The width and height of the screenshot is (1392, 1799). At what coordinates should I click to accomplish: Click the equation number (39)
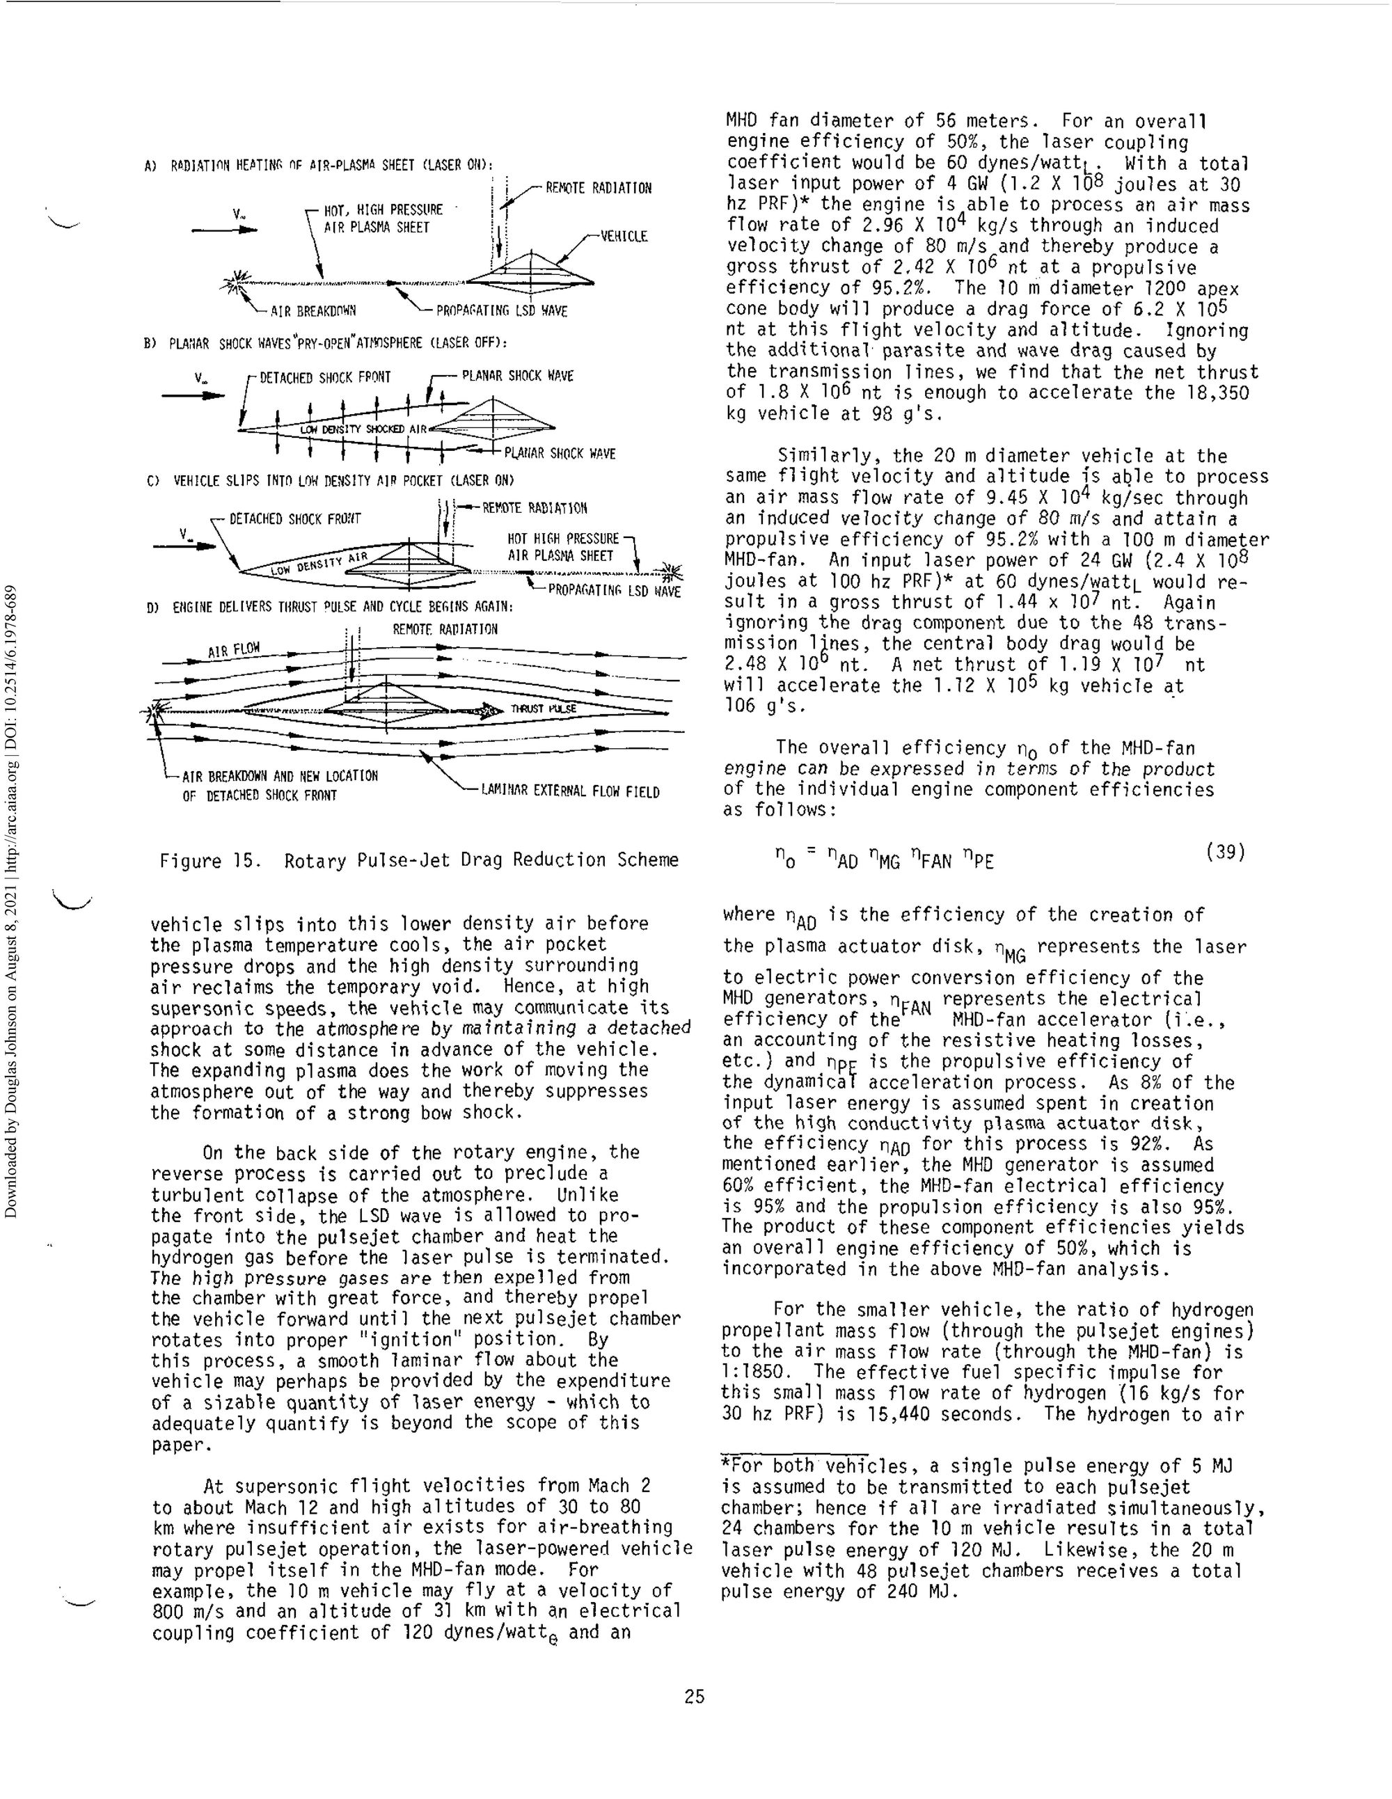pos(1224,852)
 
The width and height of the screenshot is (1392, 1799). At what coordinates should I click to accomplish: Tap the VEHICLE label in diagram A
pos(624,237)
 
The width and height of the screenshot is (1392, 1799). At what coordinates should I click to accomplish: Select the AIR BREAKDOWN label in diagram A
pos(313,312)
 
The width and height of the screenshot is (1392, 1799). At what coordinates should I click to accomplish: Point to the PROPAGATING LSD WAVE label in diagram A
pos(502,312)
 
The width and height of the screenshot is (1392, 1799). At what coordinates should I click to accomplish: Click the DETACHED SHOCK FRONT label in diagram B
pos(324,378)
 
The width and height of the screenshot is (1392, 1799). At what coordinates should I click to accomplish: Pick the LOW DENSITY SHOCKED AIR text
pos(363,429)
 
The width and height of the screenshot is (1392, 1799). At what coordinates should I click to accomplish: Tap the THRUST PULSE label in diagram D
pos(544,709)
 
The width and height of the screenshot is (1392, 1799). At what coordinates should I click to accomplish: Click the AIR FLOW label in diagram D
pos(234,651)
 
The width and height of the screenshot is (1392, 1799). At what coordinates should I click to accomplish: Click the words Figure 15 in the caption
pos(209,861)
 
